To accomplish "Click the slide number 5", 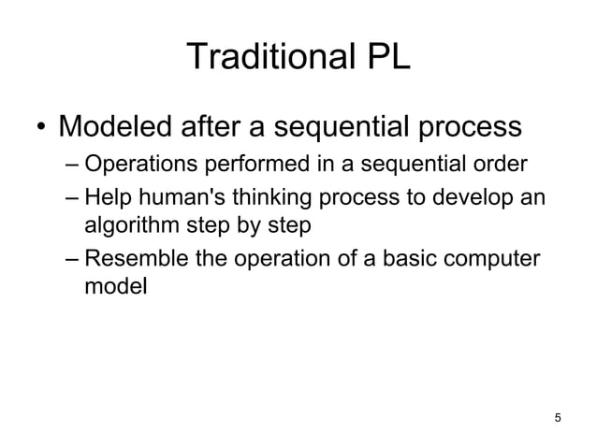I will click(559, 417).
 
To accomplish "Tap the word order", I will click(502, 167).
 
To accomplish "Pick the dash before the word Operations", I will click(73, 167).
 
